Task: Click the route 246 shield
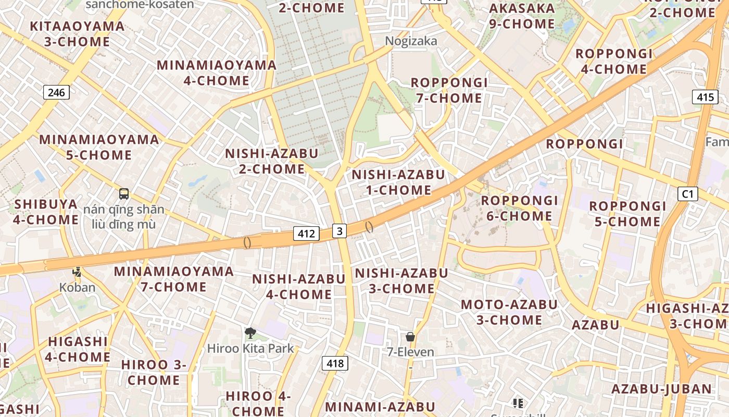pos(56,93)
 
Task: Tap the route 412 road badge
pos(306,234)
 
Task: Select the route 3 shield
pos(340,230)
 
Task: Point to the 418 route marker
pos(335,363)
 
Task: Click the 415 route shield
pos(705,96)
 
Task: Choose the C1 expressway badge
pos(688,194)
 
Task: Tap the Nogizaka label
pos(411,41)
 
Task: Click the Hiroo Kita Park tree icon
pos(250,333)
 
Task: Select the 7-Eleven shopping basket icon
pos(410,337)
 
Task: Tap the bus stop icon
pos(124,194)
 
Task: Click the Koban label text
pos(77,287)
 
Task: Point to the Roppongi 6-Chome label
pos(519,208)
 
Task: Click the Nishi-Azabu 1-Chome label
pos(398,182)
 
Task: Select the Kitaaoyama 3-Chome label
pos(77,33)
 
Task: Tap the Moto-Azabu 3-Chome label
pos(509,312)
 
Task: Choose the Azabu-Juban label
pos(661,389)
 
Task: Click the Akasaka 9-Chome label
pos(522,16)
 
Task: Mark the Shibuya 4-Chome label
pos(46,212)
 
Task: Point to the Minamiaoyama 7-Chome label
pos(173,279)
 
